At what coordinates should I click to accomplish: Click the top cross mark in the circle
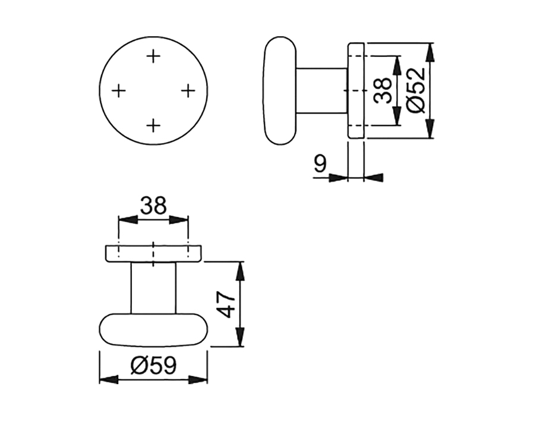tap(153, 56)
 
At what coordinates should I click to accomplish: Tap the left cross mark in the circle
tap(119, 91)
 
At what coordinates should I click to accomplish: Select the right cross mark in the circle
tap(188, 90)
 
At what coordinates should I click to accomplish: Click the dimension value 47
tap(226, 304)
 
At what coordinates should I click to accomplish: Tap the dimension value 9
tap(320, 164)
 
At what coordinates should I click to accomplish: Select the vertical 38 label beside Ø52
tap(382, 90)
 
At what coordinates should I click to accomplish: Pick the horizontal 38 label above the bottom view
tap(153, 205)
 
